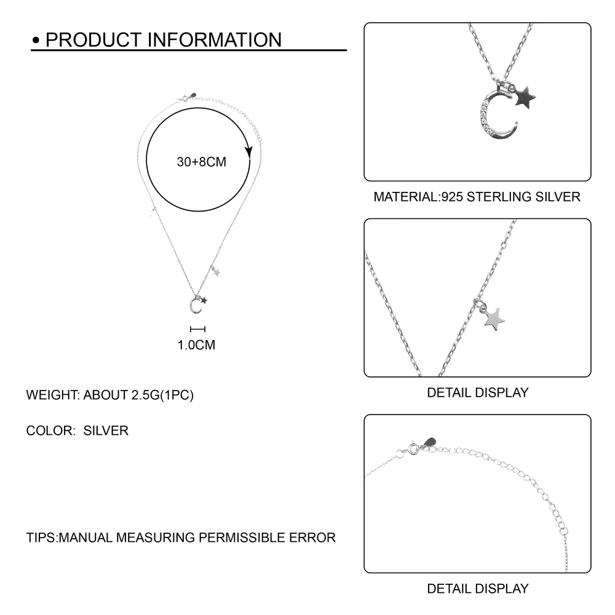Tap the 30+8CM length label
pyautogui.click(x=201, y=162)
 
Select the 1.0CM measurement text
pyautogui.click(x=196, y=345)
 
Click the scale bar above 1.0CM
pyautogui.click(x=197, y=330)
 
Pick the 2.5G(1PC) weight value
pyautogui.click(x=162, y=395)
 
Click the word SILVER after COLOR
pyautogui.click(x=106, y=430)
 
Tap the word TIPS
pyautogui.click(x=41, y=538)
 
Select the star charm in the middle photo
pyautogui.click(x=493, y=318)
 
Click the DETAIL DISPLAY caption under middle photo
pyautogui.click(x=477, y=392)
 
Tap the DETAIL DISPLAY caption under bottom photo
pyautogui.click(x=477, y=589)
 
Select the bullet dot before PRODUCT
pyautogui.click(x=36, y=41)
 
